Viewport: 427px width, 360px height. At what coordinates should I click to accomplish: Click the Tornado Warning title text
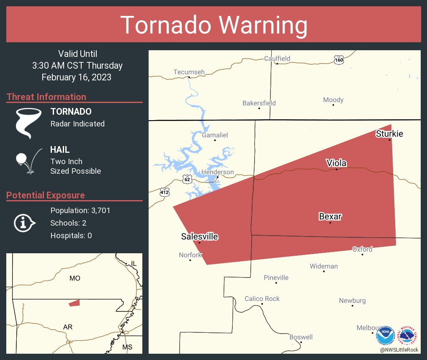213,25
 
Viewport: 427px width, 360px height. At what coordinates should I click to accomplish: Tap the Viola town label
337,163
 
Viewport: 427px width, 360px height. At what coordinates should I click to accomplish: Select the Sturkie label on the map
389,134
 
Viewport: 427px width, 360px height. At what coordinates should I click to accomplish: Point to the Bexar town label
330,216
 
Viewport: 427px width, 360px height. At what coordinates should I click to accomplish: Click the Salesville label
199,237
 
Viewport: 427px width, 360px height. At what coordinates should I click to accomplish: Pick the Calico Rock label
262,299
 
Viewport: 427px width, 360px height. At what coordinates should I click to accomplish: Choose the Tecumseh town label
189,72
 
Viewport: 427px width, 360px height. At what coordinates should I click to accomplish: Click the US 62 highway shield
187,180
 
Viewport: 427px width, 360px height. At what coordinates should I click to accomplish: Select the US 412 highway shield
164,192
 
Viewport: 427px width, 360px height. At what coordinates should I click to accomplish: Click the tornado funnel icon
28,123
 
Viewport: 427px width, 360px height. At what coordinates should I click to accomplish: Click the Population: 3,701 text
80,211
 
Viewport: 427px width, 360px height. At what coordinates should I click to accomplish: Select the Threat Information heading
46,97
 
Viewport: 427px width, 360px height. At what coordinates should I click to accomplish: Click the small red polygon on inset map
74,303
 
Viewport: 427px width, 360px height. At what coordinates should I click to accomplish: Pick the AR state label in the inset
68,327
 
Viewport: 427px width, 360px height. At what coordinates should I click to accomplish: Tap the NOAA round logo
386,335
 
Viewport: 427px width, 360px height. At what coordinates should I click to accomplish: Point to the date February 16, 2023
77,77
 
